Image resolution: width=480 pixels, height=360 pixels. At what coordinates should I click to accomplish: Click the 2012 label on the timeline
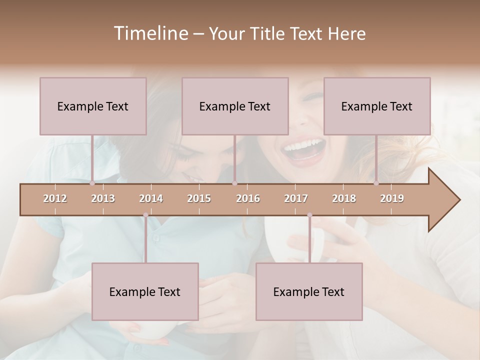tap(55, 198)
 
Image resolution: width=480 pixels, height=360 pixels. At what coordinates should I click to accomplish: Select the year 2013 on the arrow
tap(103, 198)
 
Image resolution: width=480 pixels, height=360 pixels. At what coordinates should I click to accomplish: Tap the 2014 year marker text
tap(151, 198)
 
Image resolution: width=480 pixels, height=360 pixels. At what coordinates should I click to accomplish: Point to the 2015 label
tap(199, 198)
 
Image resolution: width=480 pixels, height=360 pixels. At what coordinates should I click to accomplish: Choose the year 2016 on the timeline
tap(248, 198)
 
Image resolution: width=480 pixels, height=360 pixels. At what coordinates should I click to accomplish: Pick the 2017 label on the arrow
tap(296, 198)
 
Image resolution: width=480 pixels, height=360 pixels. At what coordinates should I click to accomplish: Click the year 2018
tap(344, 198)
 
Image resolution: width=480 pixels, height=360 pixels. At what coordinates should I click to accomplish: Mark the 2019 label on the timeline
tap(392, 198)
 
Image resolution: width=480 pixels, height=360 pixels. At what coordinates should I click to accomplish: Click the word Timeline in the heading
tap(150, 33)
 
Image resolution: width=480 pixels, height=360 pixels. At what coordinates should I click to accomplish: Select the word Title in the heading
tap(269, 33)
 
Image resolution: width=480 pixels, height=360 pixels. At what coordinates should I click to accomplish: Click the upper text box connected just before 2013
tap(93, 106)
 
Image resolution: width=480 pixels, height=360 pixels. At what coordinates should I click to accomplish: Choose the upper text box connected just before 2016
tap(235, 106)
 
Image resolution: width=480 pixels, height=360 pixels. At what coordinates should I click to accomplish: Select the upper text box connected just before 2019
tap(377, 106)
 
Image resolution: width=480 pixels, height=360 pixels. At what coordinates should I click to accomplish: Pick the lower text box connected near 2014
tap(145, 291)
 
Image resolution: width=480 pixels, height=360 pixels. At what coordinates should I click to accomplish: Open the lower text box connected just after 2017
tap(309, 291)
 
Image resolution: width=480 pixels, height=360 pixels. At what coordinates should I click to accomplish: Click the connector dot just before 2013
tap(92, 183)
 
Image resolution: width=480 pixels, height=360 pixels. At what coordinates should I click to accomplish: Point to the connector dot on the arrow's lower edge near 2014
tap(145, 215)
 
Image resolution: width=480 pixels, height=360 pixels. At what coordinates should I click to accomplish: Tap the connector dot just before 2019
tap(376, 183)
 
